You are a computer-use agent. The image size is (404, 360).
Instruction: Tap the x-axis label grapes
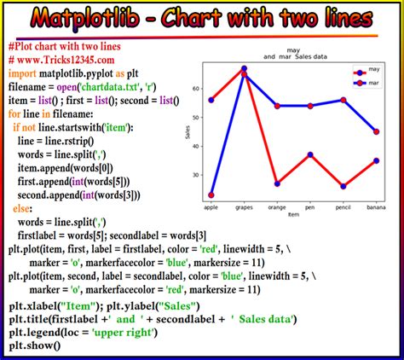(244, 206)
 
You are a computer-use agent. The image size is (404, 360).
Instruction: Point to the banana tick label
(377, 206)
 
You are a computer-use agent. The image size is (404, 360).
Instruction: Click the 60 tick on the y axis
(195, 89)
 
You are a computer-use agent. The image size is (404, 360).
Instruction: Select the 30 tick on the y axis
(195, 175)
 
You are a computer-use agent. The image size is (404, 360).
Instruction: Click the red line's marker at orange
(277, 183)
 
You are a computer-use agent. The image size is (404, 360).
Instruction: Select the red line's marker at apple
(211, 195)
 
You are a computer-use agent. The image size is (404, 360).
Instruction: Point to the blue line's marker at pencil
(343, 100)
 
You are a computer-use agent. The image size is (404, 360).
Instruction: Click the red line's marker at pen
(310, 154)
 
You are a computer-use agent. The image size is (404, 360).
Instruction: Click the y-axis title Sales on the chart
(187, 131)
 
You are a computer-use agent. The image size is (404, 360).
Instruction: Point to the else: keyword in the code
(25, 208)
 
